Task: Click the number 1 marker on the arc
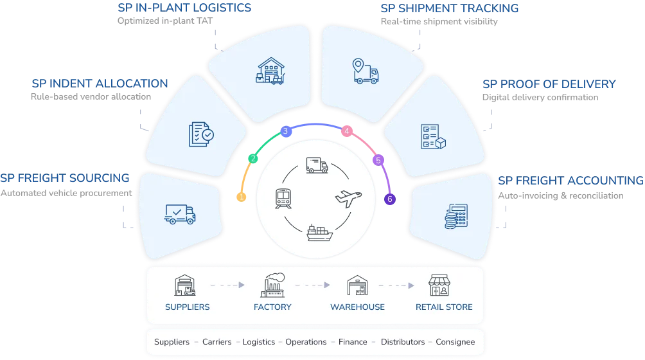242,197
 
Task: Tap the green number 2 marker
253,159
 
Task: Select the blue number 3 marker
285,131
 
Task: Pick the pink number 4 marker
347,131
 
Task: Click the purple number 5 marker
378,159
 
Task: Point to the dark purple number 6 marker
389,199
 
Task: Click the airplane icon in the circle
349,197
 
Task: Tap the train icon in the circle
283,197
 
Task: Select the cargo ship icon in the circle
319,233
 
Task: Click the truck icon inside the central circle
317,165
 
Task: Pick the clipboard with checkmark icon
201,133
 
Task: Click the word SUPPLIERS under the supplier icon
187,307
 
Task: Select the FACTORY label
272,307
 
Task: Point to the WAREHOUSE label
357,307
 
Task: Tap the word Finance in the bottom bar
352,342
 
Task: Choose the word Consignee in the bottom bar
455,342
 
